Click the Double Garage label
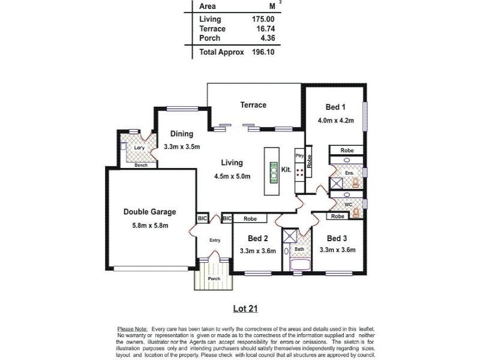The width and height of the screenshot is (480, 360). pyautogui.click(x=149, y=212)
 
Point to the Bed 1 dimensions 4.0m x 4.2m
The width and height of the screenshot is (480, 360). pyautogui.click(x=335, y=120)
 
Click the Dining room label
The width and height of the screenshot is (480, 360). pyautogui.click(x=181, y=134)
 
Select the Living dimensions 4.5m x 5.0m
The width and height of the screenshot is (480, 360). pyautogui.click(x=232, y=176)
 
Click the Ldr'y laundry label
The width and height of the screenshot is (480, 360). pyautogui.click(x=139, y=148)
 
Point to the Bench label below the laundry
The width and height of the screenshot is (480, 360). pyautogui.click(x=141, y=165)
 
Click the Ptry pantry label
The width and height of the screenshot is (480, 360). pyautogui.click(x=299, y=155)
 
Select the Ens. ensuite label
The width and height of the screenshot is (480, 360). pyautogui.click(x=349, y=173)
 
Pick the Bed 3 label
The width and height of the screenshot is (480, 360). pyautogui.click(x=337, y=238)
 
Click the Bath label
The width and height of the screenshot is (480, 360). pyautogui.click(x=299, y=248)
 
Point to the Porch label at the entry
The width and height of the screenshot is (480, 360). pyautogui.click(x=214, y=278)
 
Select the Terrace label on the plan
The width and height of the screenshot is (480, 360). pyautogui.click(x=253, y=105)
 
